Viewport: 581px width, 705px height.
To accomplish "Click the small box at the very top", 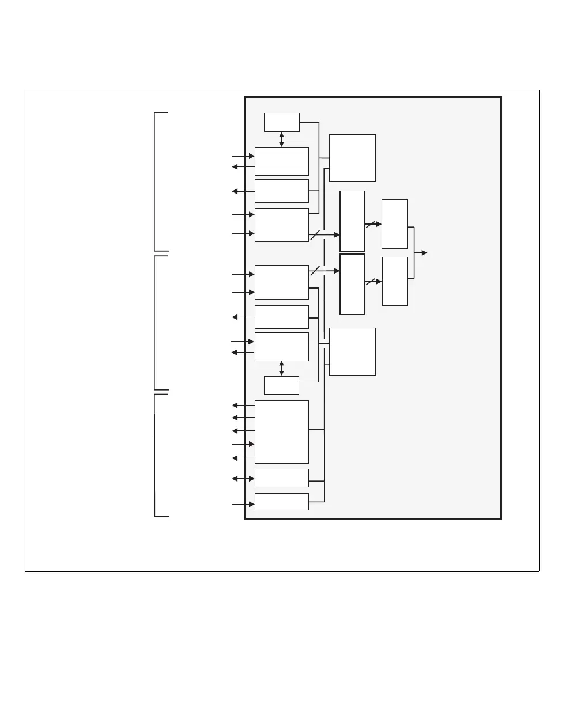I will tap(281, 122).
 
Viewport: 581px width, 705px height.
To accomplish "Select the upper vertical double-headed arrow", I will tap(281, 139).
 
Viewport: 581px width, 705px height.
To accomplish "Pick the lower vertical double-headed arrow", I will tap(281, 368).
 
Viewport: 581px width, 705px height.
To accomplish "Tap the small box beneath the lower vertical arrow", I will tap(281, 385).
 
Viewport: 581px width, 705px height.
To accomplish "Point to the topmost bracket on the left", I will tap(157, 182).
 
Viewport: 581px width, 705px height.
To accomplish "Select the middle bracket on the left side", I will tap(157, 323).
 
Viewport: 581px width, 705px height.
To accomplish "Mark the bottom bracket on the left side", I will tap(157, 455).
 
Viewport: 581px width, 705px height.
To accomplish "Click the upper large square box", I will tap(353, 158).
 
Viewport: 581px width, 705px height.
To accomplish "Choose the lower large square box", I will tap(353, 351).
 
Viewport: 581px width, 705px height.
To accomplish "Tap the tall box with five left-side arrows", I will tap(281, 431).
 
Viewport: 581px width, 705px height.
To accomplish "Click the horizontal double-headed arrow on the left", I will tap(243, 478).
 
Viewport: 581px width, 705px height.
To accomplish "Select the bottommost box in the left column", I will tap(281, 502).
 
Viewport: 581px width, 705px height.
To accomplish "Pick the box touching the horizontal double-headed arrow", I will tap(281, 478).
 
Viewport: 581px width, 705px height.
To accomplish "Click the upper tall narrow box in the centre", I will tap(352, 221).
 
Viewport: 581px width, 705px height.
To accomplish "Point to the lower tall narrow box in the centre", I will tap(352, 284).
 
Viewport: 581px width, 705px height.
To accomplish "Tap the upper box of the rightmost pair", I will tap(394, 223).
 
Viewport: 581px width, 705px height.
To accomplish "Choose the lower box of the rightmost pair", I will tap(394, 281).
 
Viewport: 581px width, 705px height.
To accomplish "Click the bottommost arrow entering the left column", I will tap(243, 505).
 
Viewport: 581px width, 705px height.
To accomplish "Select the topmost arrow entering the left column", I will tap(243, 156).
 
